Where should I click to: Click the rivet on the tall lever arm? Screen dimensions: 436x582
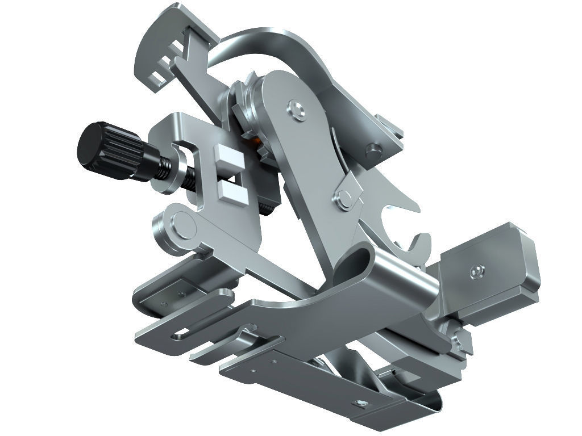pos(295,109)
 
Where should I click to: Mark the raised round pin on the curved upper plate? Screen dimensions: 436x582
pos(373,150)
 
